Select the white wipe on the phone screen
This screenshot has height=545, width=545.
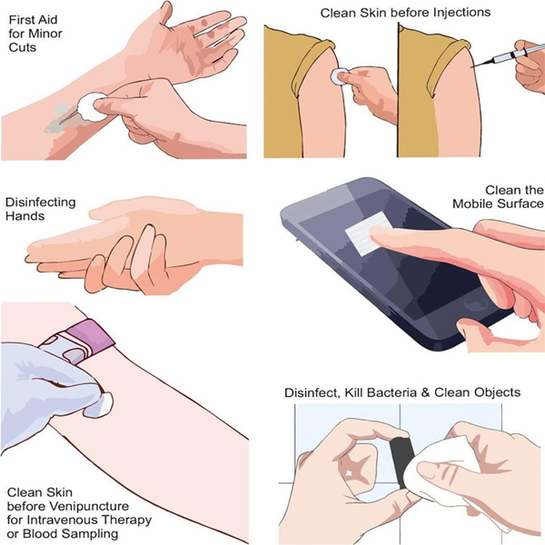coord(369,233)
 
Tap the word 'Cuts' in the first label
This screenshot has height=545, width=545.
coord(22,47)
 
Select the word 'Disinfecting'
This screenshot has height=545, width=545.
coord(40,203)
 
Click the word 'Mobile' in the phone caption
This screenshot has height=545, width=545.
coord(473,203)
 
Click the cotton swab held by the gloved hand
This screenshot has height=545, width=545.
coord(103,404)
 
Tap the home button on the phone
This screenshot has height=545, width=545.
coord(475,305)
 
